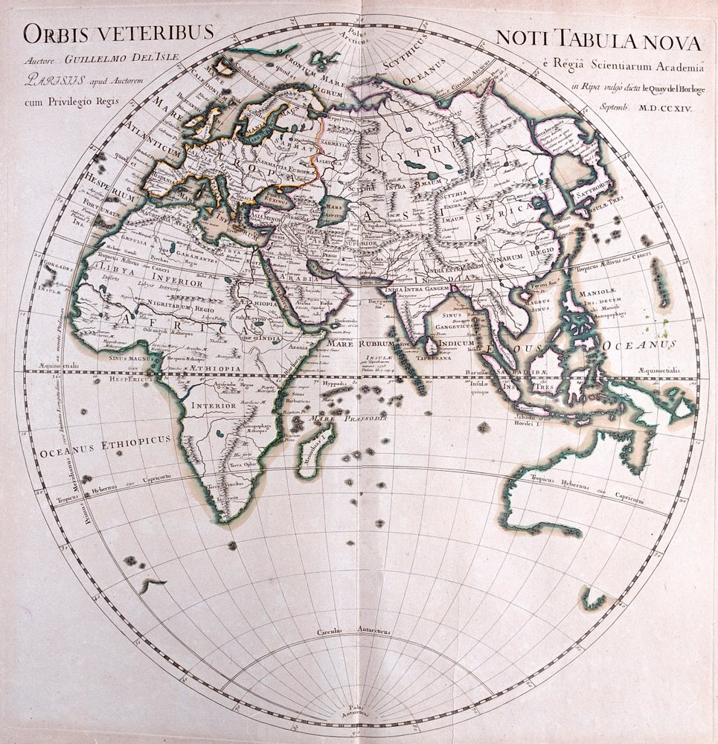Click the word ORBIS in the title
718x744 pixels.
[x=54, y=33]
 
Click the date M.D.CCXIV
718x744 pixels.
[x=661, y=109]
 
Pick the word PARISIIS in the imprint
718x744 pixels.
[x=50, y=76]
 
